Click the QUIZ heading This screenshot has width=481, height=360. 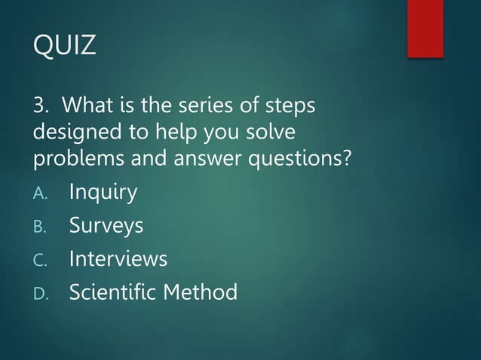pyautogui.click(x=65, y=46)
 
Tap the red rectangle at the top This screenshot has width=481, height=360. pyautogui.click(x=425, y=28)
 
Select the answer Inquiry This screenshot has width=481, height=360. pyautogui.click(x=103, y=193)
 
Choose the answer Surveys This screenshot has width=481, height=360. pyautogui.click(x=106, y=226)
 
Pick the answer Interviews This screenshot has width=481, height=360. pyautogui.click(x=118, y=258)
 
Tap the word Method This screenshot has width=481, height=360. pyautogui.click(x=201, y=291)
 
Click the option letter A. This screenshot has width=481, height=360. pyautogui.click(x=41, y=194)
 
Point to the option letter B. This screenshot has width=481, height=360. pyautogui.click(x=41, y=227)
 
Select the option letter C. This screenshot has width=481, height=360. pyautogui.click(x=41, y=260)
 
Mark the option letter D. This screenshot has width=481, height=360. pyautogui.click(x=41, y=293)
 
